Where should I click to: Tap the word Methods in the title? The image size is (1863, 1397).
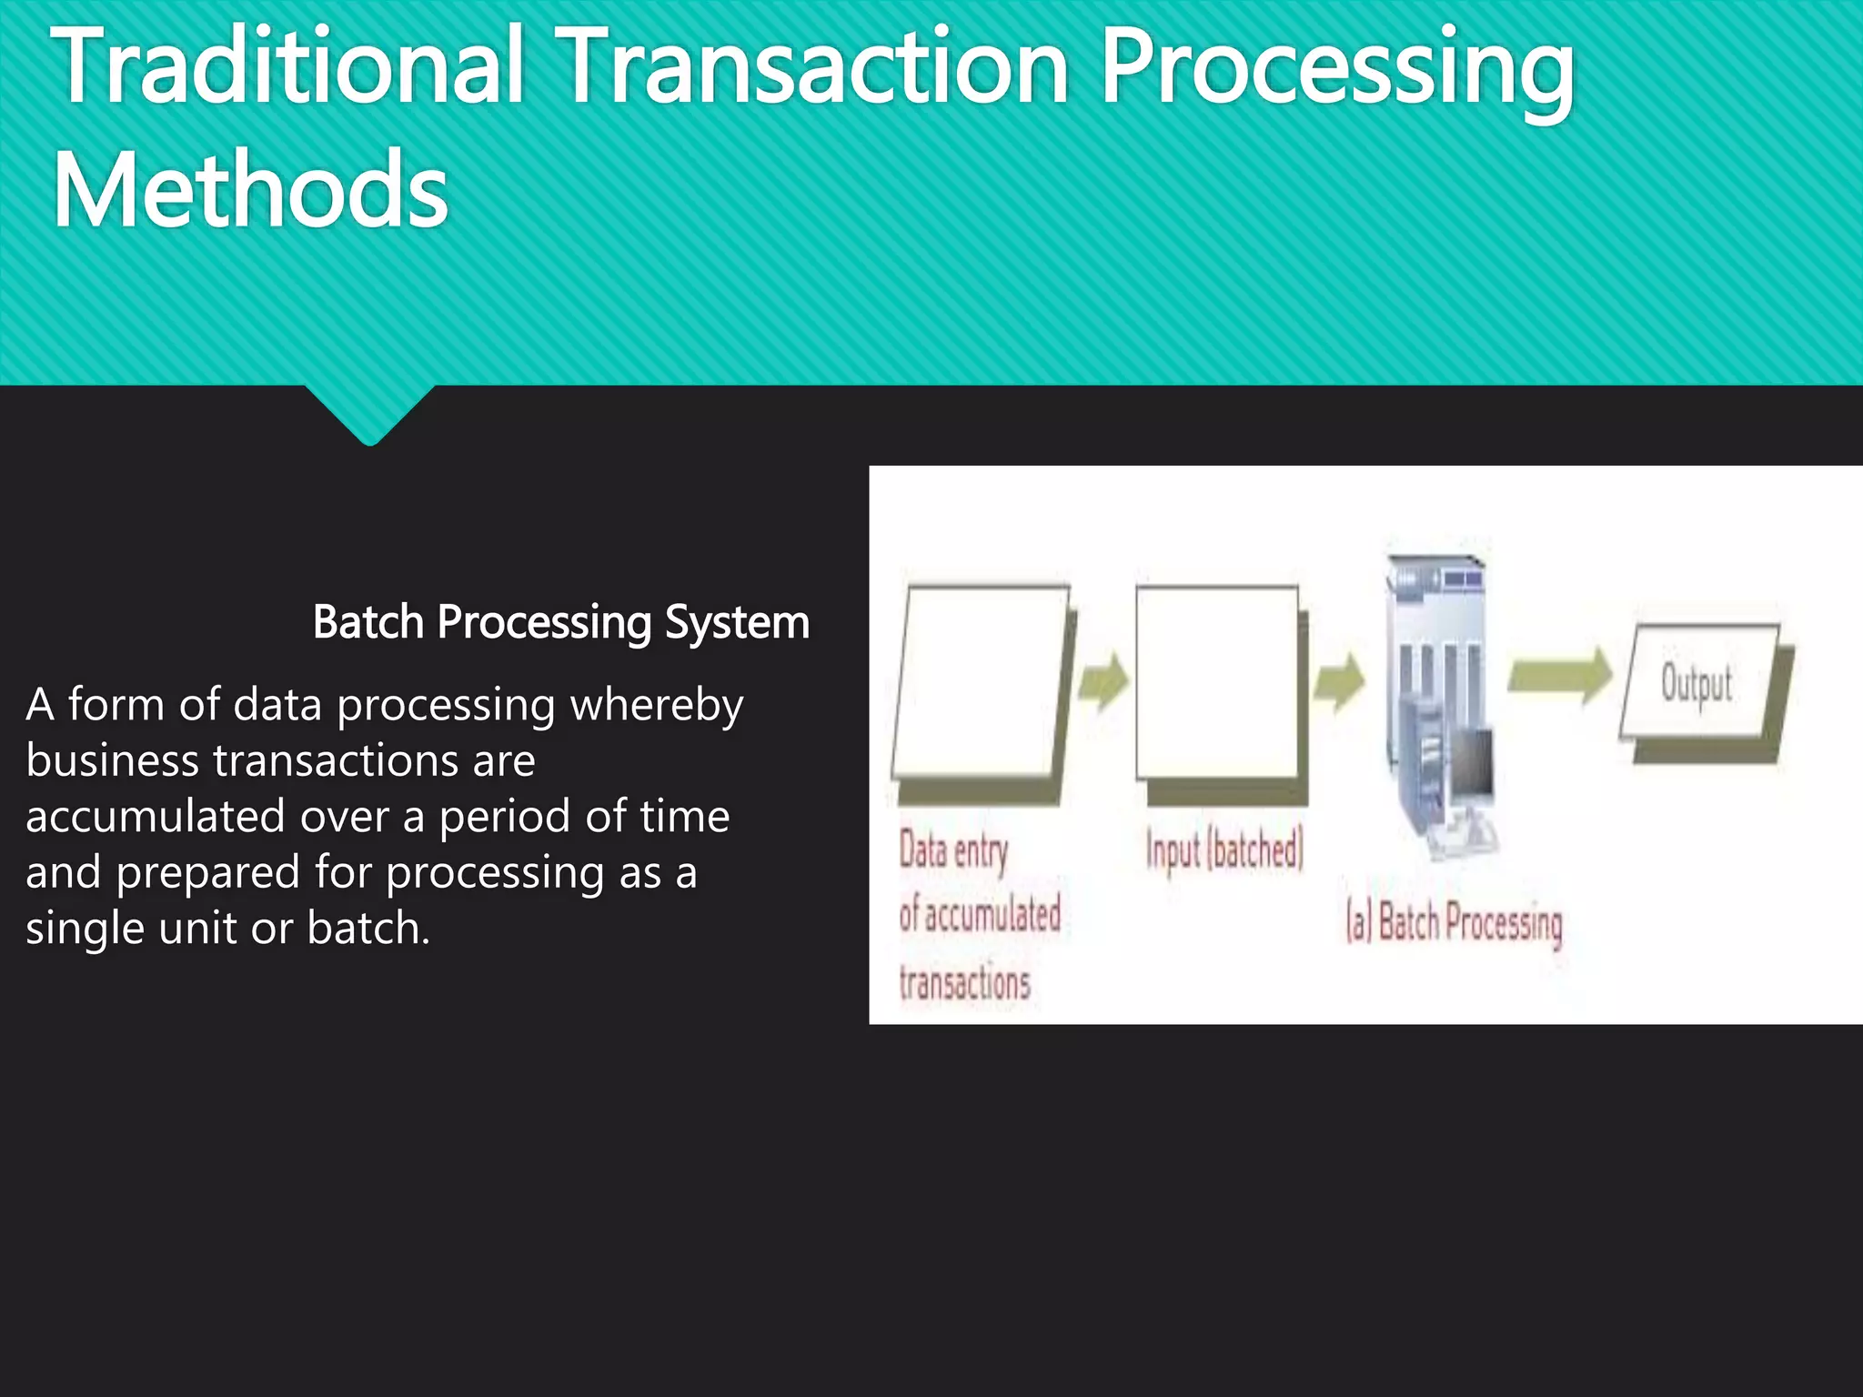point(250,191)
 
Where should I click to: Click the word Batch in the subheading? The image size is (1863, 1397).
point(368,623)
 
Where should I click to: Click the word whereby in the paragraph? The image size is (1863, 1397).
point(650,706)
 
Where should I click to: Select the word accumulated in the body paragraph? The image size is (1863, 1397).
point(156,817)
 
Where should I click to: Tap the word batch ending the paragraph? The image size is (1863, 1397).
point(368,929)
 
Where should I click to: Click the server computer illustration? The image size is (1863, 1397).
point(1440,705)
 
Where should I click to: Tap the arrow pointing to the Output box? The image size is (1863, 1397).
point(1559,676)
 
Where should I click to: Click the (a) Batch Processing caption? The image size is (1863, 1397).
point(1454,922)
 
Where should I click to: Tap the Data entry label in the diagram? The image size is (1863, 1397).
point(953,851)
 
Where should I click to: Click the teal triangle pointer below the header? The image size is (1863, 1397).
point(370,414)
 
